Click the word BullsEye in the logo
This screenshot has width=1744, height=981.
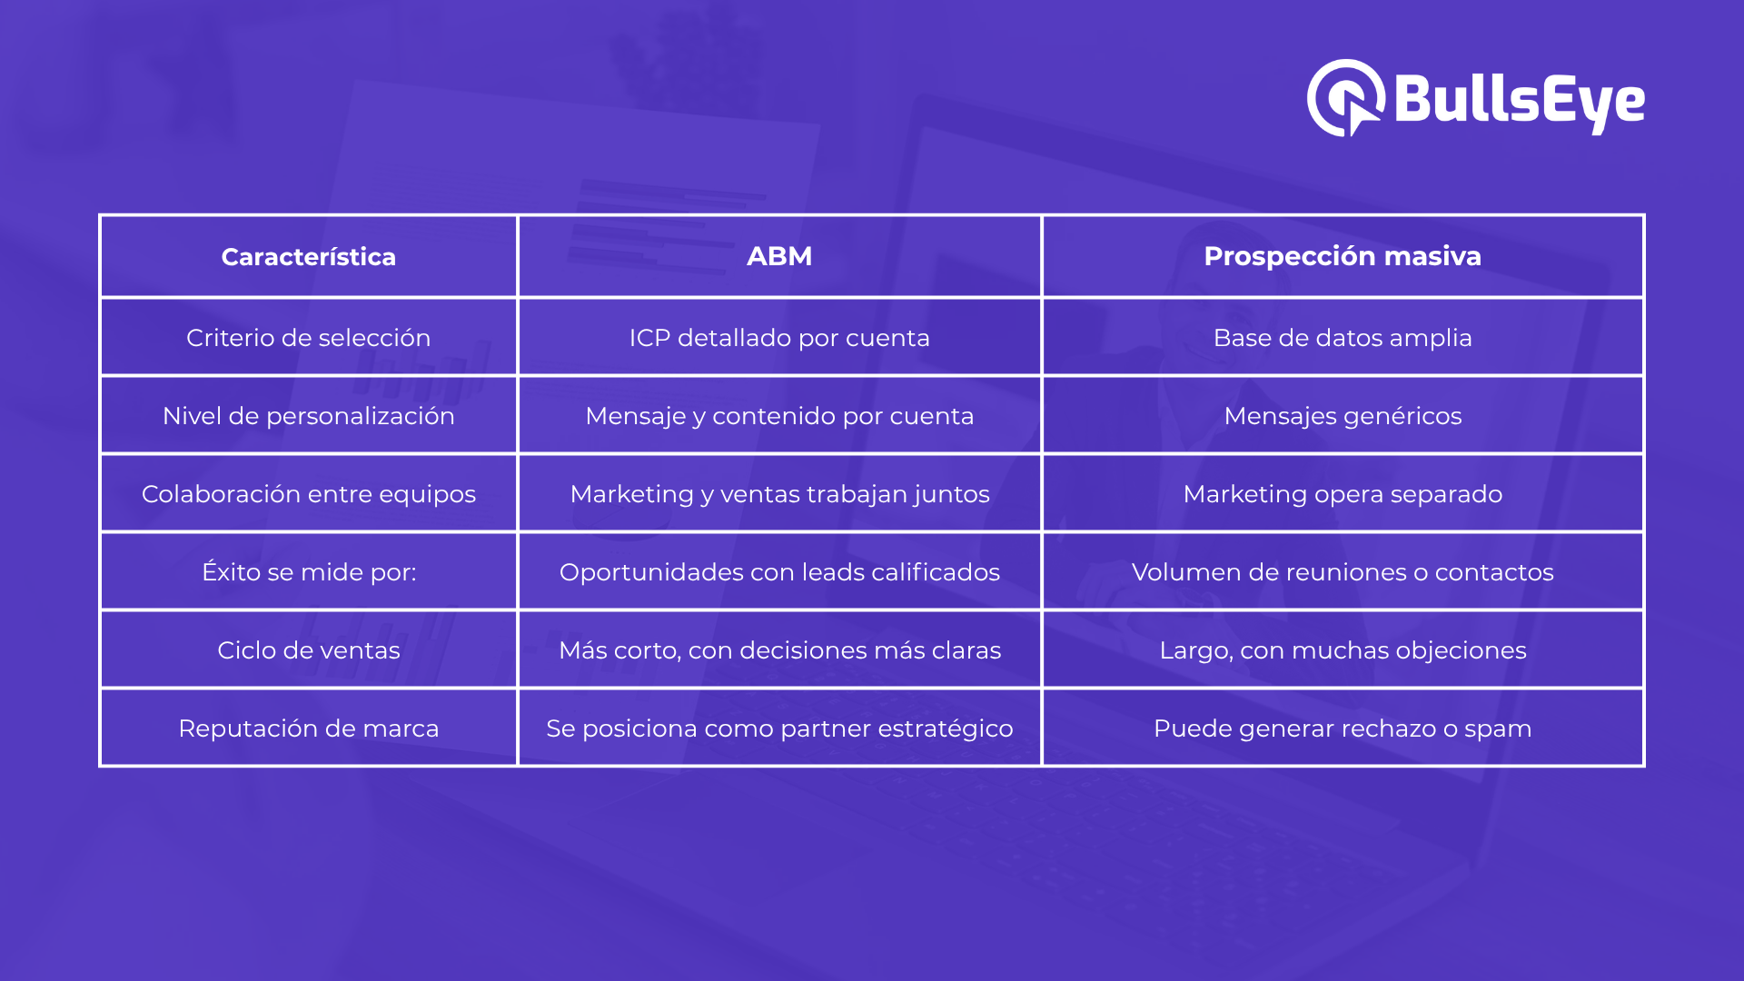1520,100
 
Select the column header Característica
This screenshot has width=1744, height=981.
309,257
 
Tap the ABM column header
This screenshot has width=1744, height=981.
779,257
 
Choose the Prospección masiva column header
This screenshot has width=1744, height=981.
1343,257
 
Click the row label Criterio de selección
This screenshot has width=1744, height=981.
309,338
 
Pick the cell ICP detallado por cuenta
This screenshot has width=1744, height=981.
779,338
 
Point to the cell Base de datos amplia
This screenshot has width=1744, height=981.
1343,338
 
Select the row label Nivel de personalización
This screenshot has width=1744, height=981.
309,416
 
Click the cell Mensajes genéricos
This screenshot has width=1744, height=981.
1343,416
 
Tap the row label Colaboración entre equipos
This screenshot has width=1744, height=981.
309,494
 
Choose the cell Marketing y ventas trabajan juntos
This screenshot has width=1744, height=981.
779,494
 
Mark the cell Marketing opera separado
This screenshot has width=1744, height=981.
1343,494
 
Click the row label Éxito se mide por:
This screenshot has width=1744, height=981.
309,571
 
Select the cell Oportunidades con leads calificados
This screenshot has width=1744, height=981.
779,572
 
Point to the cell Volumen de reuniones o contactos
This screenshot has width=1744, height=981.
1343,572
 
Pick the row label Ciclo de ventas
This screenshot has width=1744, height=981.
309,650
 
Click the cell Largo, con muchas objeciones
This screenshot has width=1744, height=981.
1343,650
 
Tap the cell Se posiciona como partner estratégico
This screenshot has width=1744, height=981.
779,728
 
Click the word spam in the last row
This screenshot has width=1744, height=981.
1498,730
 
